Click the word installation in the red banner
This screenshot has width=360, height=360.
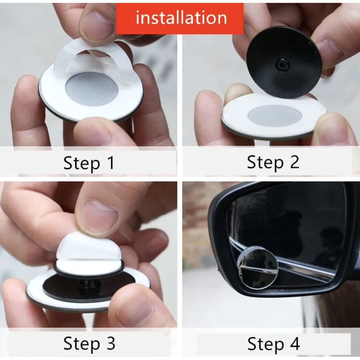tap(181, 18)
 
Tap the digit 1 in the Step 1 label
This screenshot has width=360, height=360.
tap(111, 163)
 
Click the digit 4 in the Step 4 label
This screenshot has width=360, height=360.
tap(294, 344)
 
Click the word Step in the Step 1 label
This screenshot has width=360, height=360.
tap(82, 164)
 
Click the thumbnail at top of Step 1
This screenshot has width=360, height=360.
tap(98, 25)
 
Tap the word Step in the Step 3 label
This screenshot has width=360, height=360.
tap(82, 344)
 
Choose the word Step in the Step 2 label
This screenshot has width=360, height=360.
tap(265, 163)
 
